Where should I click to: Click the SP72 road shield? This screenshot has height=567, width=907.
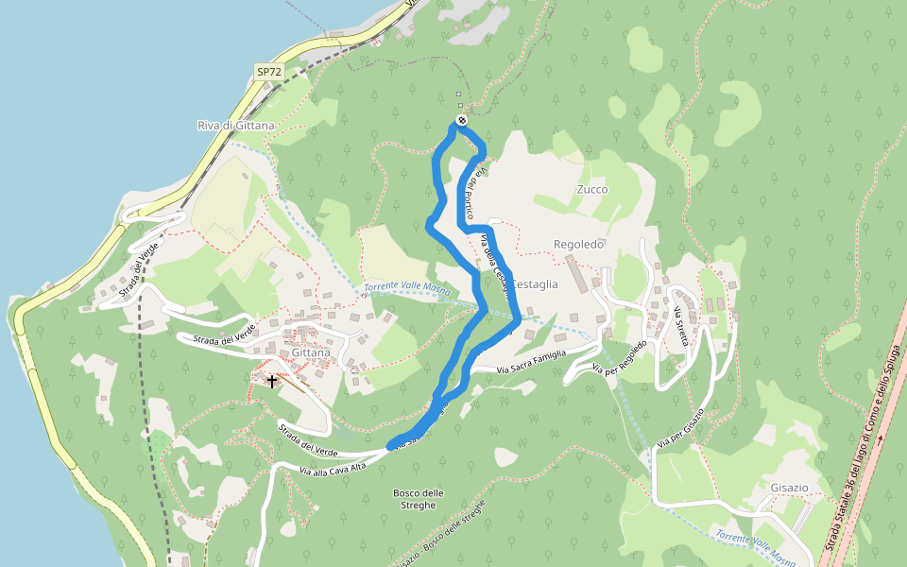pyautogui.click(x=268, y=72)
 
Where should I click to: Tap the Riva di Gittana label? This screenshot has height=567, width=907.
pyautogui.click(x=235, y=126)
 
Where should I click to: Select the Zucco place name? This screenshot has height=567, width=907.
pyautogui.click(x=592, y=189)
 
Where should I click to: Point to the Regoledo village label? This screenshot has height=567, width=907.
pyautogui.click(x=578, y=244)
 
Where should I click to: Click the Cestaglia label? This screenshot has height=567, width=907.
pyautogui.click(x=535, y=283)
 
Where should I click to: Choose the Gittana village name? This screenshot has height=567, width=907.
pyautogui.click(x=311, y=352)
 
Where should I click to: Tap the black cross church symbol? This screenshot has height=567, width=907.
pyautogui.click(x=272, y=382)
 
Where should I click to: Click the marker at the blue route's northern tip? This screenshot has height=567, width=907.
pyautogui.click(x=460, y=120)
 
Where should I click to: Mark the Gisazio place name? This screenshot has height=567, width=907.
pyautogui.click(x=789, y=487)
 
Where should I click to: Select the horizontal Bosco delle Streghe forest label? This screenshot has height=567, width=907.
pyautogui.click(x=418, y=499)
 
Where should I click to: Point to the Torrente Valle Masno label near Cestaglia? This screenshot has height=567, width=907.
pyautogui.click(x=406, y=288)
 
